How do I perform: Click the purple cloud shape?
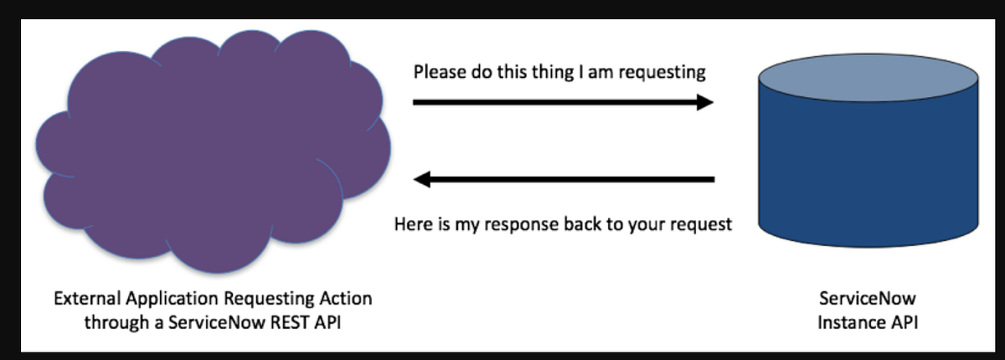click(x=209, y=151)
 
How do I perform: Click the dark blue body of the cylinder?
click(x=867, y=167)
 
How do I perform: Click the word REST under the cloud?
click(x=294, y=321)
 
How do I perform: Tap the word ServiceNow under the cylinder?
click(x=868, y=299)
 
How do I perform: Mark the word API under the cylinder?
click(x=903, y=321)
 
